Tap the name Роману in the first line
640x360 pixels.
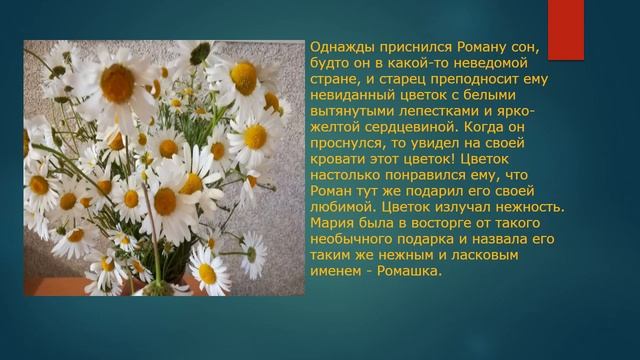tap(498, 47)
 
